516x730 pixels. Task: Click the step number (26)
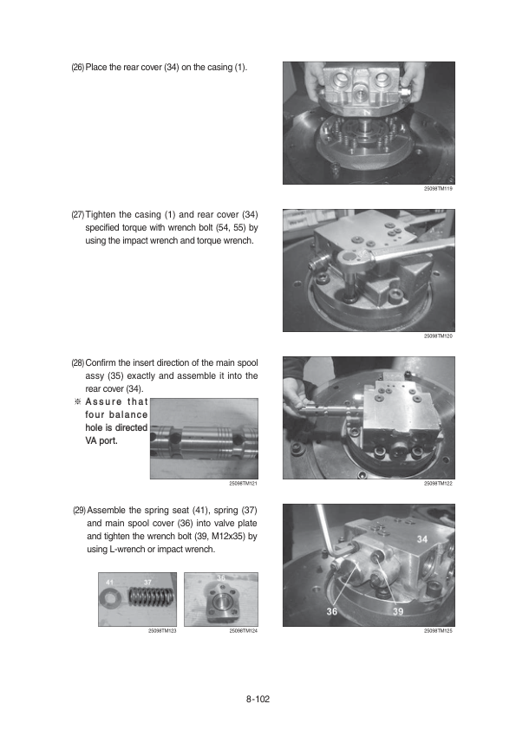click(78, 68)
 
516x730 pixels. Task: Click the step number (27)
click(78, 215)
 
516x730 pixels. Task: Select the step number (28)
click(78, 362)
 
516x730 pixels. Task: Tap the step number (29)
click(79, 511)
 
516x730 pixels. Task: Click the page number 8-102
click(258, 699)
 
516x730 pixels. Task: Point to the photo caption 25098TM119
click(438, 188)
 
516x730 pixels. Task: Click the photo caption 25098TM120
click(438, 336)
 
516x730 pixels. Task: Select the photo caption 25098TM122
click(438, 484)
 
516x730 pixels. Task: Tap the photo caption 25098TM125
click(438, 631)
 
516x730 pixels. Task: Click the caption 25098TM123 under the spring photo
click(162, 631)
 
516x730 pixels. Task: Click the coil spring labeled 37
click(152, 597)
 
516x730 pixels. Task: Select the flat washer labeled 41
click(111, 597)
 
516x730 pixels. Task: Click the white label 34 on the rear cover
click(422, 539)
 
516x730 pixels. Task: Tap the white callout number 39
click(398, 611)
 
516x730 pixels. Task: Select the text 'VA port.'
click(101, 441)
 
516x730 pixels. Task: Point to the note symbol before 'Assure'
click(78, 401)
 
